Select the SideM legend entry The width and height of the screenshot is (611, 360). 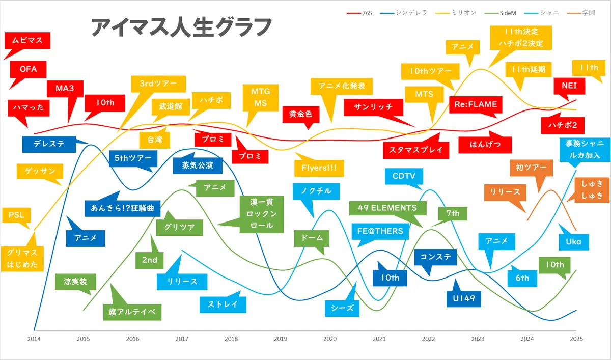click(501, 13)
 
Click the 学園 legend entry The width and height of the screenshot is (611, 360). click(581, 13)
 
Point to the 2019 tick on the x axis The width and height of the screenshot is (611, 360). click(281, 339)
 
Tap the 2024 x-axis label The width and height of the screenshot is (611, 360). click(527, 339)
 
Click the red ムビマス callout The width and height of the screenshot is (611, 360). click(27, 41)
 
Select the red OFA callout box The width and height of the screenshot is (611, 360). click(28, 69)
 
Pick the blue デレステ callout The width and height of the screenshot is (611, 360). click(49, 144)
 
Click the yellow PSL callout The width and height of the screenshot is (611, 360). click(16, 215)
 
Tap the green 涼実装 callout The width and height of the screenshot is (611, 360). click(75, 282)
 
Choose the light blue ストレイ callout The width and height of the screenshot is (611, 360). click(223, 304)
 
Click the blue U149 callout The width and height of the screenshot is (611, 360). click(464, 299)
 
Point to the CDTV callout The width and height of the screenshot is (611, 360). click(404, 176)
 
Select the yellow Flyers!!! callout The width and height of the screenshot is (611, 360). click(319, 168)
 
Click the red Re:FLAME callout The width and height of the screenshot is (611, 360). click(476, 104)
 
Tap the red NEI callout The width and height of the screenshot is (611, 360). click(569, 86)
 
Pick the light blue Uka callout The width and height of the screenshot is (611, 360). click(574, 242)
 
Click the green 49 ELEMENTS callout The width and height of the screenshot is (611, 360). click(387, 208)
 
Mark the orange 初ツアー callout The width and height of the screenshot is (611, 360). click(532, 168)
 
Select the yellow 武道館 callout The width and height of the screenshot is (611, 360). click(171, 106)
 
